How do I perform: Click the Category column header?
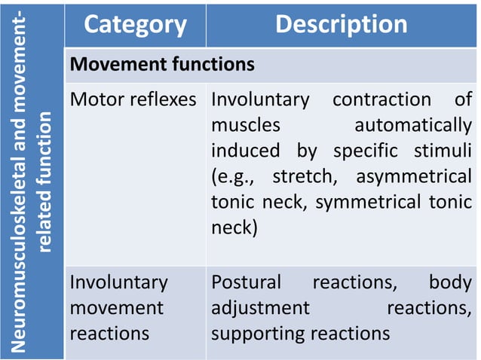pyautogui.click(x=135, y=24)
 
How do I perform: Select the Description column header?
pyautogui.click(x=341, y=24)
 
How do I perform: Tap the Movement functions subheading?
pyautogui.click(x=162, y=65)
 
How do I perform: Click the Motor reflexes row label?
pyautogui.click(x=133, y=99)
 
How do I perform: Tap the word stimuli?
pyautogui.click(x=442, y=151)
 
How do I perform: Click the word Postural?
pyautogui.click(x=246, y=282)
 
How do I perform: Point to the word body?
pyautogui.click(x=450, y=282)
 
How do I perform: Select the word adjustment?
pyautogui.click(x=260, y=308)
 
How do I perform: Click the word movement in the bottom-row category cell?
pyautogui.click(x=116, y=308)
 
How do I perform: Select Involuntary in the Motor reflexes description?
pyautogui.click(x=260, y=99)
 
